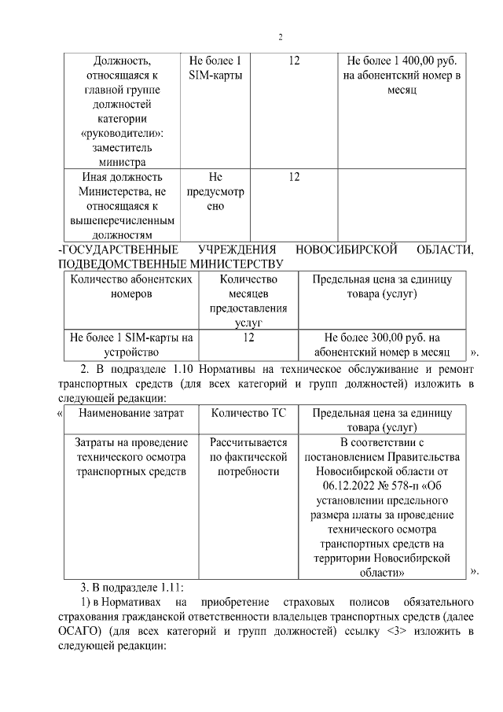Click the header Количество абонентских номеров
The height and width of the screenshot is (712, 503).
132,286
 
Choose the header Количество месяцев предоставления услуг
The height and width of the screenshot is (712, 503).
248,301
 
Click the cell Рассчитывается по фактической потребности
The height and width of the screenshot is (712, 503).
248,456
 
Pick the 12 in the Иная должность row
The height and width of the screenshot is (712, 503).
293,178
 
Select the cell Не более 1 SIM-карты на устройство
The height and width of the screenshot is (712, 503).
131,344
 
